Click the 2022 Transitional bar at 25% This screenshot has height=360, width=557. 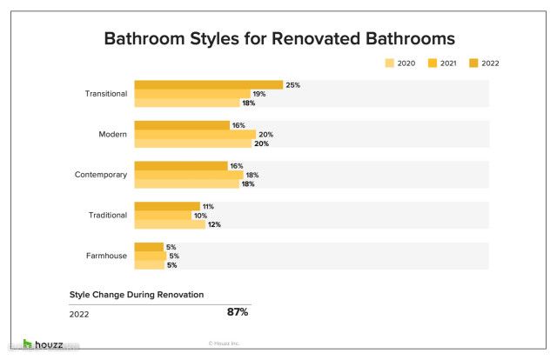tap(208, 84)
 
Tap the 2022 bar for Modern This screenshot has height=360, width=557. tap(181, 125)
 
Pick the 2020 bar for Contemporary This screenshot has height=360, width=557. tap(186, 184)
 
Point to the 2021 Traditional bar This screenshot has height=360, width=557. tap(162, 216)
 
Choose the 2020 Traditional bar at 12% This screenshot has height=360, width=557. tap(169, 224)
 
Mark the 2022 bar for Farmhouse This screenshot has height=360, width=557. tap(149, 247)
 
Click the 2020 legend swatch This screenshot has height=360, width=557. tap(390, 63)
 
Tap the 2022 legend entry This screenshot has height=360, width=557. tap(483, 63)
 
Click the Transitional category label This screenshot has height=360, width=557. tap(106, 94)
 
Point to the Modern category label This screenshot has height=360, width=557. tap(113, 135)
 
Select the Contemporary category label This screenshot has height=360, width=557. tap(101, 175)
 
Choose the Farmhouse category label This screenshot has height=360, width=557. tap(107, 256)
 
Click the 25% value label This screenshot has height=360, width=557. tap(293, 85)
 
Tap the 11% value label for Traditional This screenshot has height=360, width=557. tap(208, 206)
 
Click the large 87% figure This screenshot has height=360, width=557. tap(238, 312)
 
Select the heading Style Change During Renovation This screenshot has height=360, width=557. tap(137, 295)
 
